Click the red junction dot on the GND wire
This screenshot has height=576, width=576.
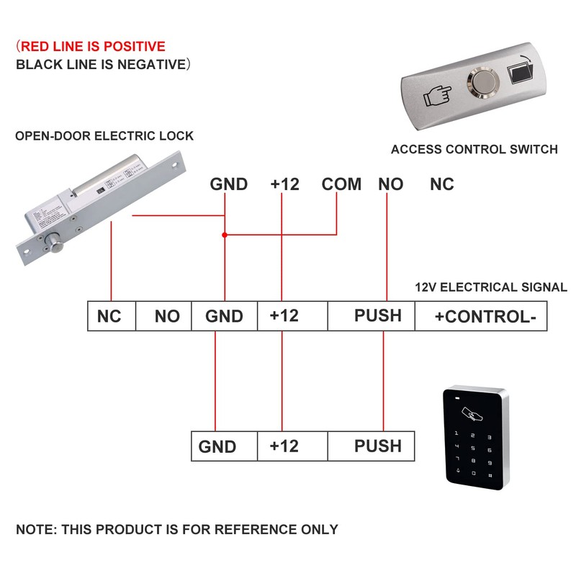[x=225, y=235]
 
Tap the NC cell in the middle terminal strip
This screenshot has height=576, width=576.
[x=109, y=317]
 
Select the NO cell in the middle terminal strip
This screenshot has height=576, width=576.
[x=167, y=317]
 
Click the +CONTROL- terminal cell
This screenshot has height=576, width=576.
[x=480, y=317]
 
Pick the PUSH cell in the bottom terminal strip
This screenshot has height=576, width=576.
[x=377, y=446]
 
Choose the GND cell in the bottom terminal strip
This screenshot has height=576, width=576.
[x=217, y=446]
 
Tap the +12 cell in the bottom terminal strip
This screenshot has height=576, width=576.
[x=284, y=446]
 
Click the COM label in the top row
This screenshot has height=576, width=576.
[x=341, y=184]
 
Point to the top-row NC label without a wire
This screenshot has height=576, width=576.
[x=442, y=184]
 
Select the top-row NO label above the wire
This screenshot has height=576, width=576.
[x=391, y=184]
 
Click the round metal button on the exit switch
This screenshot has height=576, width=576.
[x=481, y=81]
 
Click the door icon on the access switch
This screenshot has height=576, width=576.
[x=521, y=75]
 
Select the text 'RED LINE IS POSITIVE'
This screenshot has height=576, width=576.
[x=93, y=47]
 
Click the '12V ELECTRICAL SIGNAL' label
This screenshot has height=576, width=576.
[x=491, y=287]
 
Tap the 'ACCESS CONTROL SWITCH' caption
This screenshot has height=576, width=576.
[x=474, y=150]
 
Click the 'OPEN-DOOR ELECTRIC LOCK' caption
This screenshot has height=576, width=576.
[x=104, y=135]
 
